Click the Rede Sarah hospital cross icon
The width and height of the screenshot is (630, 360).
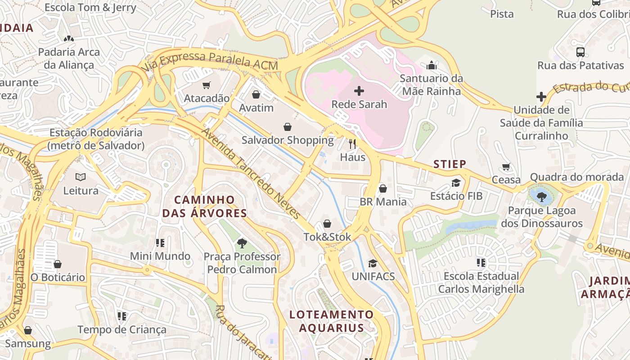tap(359, 91)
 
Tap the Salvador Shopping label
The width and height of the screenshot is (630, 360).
tap(288, 140)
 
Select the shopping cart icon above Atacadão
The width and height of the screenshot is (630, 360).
tap(207, 85)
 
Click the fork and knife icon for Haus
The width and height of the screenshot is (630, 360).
tap(352, 144)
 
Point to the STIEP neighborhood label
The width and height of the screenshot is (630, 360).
tap(450, 164)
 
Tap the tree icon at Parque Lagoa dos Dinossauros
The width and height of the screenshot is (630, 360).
tap(542, 196)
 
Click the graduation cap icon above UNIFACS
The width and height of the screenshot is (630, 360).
tap(373, 263)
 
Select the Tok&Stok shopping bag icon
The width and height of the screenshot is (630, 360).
tap(327, 224)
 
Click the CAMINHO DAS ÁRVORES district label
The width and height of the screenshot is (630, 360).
tap(205, 207)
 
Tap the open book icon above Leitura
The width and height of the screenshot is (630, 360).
tap(81, 177)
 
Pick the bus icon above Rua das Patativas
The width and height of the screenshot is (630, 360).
tap(580, 52)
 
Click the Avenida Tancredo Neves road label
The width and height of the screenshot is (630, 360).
tap(251, 173)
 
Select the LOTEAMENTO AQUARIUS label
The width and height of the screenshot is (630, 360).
tap(332, 321)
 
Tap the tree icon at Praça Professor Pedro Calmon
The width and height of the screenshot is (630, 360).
tap(242, 243)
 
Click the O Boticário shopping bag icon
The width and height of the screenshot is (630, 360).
tap(57, 264)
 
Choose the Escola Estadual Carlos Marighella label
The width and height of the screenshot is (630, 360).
tap(481, 282)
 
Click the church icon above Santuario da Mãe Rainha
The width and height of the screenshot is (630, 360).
tap(432, 65)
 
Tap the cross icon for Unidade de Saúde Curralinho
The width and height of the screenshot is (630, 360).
tap(541, 97)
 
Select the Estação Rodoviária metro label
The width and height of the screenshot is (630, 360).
tap(96, 139)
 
